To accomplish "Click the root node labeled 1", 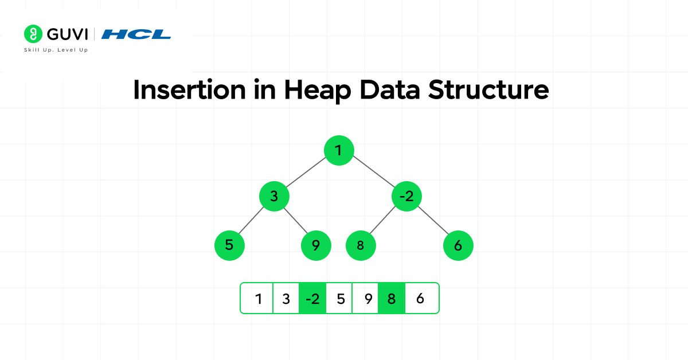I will (x=338, y=150).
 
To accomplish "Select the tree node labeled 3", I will (x=274, y=197).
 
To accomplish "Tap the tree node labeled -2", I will (x=406, y=197).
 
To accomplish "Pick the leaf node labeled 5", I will (x=229, y=245).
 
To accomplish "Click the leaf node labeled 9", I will (x=316, y=245).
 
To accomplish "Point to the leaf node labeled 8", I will (x=361, y=245).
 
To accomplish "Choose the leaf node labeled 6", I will (x=458, y=245).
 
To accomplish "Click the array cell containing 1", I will (x=258, y=298).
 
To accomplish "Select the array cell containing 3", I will (x=286, y=298).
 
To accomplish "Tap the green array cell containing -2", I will (x=312, y=298).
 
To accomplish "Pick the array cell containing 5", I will (x=340, y=298).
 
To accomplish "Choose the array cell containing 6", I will (x=421, y=298).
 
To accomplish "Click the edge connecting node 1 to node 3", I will (x=306, y=173).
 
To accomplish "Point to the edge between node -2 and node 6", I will (x=433, y=221).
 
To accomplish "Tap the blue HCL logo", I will (x=136, y=34).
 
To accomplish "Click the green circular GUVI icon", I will (x=33, y=34).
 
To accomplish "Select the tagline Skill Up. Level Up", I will (x=55, y=50).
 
